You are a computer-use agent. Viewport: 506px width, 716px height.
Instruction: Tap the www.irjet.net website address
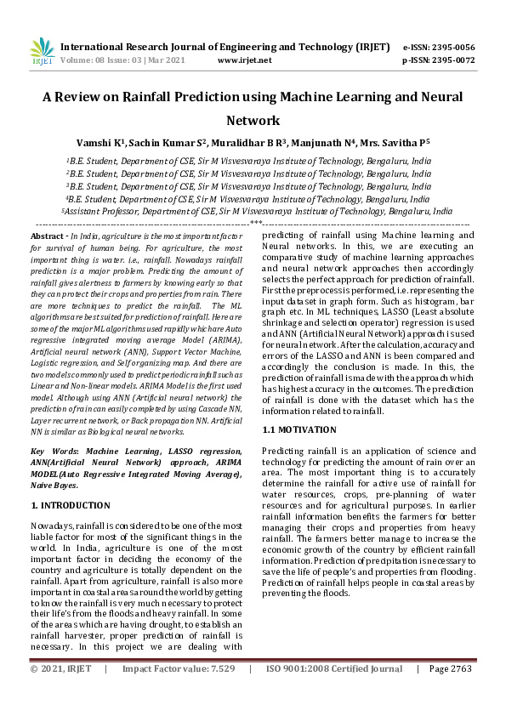tap(245, 61)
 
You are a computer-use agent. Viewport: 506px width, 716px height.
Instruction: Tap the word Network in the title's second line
tap(253, 121)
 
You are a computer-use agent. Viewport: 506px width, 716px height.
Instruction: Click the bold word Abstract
tap(47, 236)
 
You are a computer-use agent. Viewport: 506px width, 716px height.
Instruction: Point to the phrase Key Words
tap(50, 449)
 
